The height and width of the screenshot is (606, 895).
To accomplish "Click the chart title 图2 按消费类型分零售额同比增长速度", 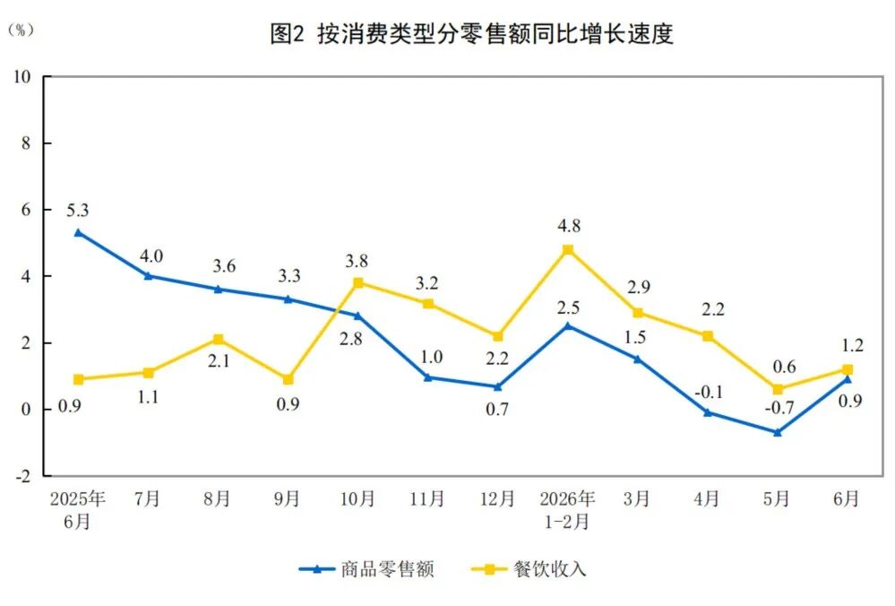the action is coord(471,34).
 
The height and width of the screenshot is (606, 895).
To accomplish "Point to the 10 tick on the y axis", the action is coord(22,76).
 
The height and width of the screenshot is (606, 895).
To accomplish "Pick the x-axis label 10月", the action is coord(357,498).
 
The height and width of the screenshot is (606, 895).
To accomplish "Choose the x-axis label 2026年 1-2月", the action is coord(567,509).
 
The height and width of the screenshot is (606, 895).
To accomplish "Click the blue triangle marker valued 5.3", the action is coord(78,232).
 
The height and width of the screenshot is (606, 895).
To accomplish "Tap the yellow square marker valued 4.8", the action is coord(568,249).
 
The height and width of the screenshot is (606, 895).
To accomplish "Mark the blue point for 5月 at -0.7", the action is coord(778,432).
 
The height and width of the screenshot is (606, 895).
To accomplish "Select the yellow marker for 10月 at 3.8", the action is coord(357,282).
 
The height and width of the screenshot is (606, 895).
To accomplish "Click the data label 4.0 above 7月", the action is coord(151,255).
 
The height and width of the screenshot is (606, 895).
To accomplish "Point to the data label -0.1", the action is coord(709,392).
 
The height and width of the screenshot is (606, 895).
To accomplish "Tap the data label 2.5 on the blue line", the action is coord(568,307).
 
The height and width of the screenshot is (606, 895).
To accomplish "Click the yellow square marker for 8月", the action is coord(218,339).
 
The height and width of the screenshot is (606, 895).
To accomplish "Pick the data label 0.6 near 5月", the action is coord(784,366).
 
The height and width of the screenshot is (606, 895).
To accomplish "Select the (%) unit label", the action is coord(22,30).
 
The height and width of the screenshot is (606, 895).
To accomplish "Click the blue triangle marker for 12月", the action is coord(498,386).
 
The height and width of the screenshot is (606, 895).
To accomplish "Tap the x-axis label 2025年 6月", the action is coord(78,509).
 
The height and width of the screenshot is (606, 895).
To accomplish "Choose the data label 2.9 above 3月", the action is coord(639,286).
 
